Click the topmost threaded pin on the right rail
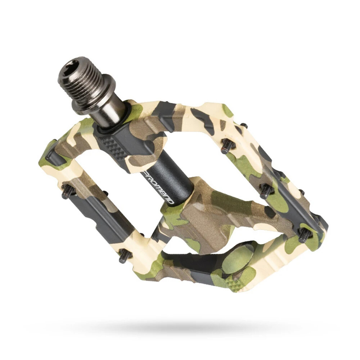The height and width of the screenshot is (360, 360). tap(227, 146)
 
